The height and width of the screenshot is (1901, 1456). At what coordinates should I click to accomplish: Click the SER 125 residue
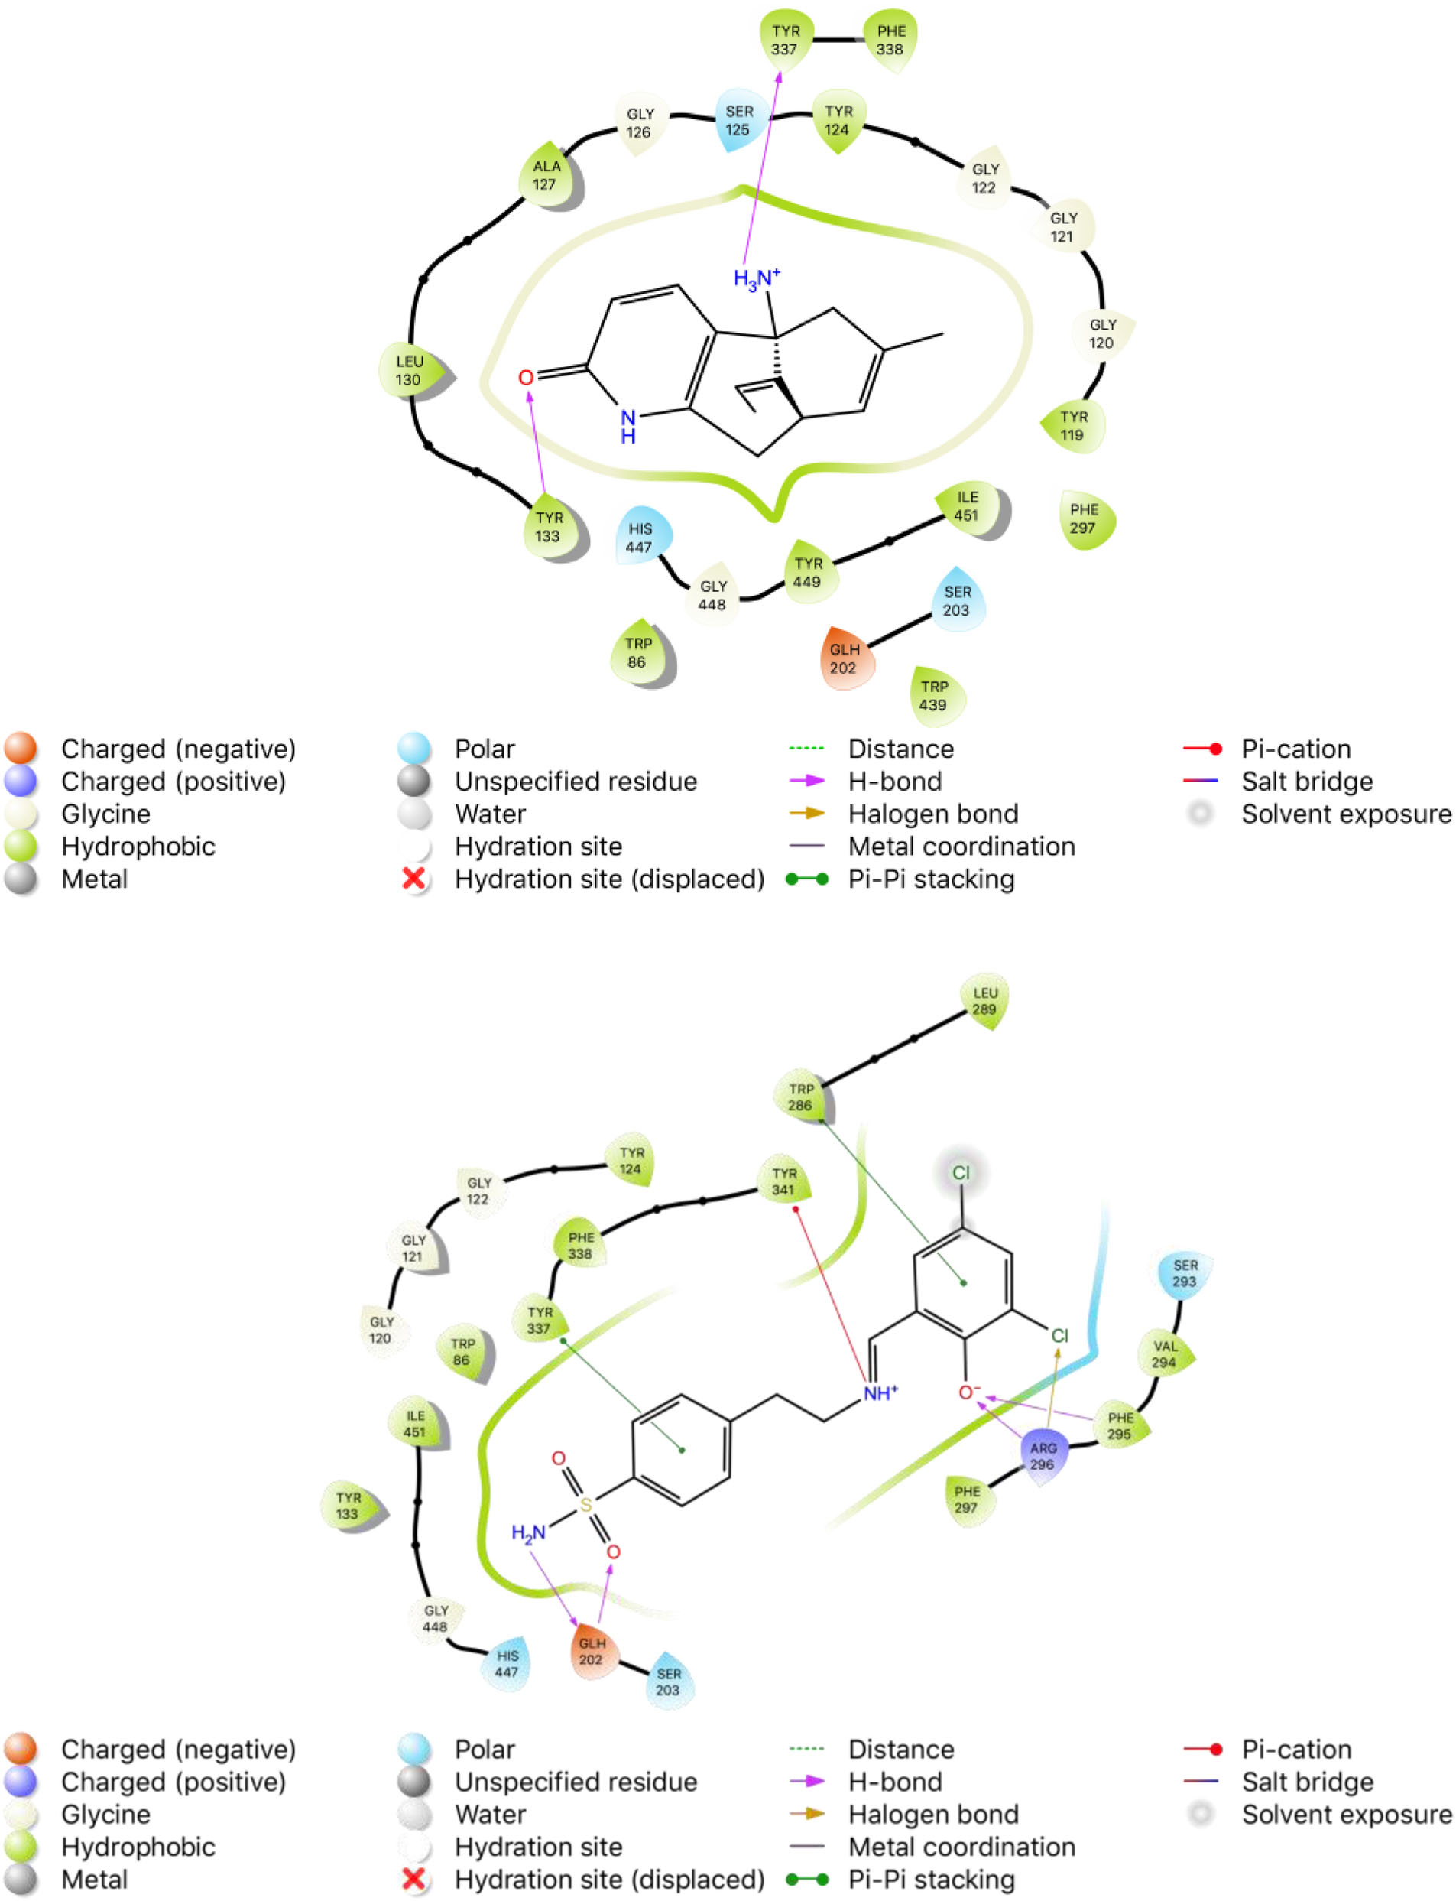738,121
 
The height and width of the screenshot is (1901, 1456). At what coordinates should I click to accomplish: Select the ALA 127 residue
545,175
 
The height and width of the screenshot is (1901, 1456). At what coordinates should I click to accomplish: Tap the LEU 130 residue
409,370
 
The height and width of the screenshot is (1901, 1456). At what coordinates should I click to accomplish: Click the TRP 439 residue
933,695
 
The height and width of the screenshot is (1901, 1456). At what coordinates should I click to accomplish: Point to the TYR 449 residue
808,572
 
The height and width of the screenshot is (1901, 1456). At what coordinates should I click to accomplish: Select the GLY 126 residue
640,123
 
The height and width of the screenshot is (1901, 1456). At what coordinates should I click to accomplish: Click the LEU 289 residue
984,1001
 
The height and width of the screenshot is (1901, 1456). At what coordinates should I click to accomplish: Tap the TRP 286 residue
801,1097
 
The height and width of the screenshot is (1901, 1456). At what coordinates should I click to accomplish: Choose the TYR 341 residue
783,1181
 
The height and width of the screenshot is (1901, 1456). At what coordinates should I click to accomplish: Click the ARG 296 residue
1043,1456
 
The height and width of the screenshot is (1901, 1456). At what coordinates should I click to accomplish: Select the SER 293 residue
1184,1273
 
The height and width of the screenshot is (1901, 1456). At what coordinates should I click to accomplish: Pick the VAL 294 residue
1165,1354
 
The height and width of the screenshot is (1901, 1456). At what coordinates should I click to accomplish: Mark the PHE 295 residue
1120,1426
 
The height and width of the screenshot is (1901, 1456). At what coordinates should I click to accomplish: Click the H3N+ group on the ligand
756,279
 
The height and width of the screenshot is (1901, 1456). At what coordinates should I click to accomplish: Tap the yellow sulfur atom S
586,1505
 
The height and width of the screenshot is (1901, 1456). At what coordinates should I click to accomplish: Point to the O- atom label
969,1393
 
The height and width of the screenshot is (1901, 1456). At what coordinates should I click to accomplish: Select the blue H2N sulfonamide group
528,1533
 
